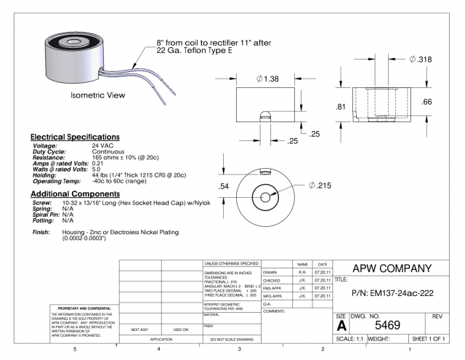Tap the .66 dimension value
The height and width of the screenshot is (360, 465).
(428, 101)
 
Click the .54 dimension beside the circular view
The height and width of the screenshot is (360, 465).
(225, 186)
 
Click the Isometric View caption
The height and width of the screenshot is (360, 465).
(96, 95)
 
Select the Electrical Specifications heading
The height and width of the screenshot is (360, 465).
(75, 137)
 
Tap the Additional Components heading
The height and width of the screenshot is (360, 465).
(76, 194)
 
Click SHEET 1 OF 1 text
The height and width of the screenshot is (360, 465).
(434, 338)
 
